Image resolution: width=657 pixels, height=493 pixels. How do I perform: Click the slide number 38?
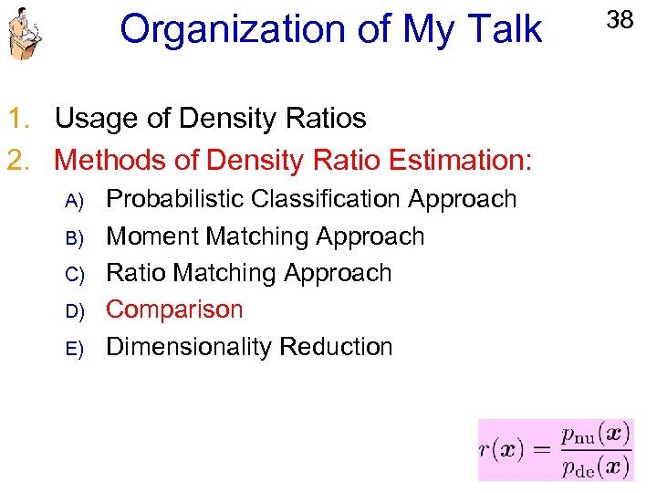(620, 19)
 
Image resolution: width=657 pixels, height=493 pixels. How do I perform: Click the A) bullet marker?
(75, 201)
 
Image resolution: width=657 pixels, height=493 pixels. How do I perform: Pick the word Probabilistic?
(175, 199)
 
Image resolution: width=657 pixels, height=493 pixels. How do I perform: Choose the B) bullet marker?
(75, 237)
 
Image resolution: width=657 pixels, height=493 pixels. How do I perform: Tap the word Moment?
(152, 236)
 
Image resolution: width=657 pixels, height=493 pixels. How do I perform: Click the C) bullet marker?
(75, 275)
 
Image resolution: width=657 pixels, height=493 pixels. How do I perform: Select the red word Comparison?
(174, 309)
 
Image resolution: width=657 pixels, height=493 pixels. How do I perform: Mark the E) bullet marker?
(75, 349)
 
